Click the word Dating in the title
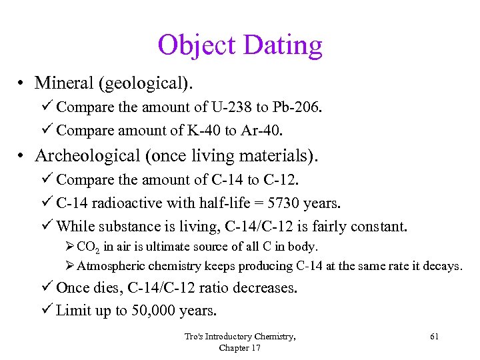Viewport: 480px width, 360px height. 283,45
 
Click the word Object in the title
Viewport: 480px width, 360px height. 197,45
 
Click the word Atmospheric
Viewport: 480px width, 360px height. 109,266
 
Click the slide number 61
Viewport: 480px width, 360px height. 434,337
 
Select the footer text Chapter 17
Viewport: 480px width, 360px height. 240,347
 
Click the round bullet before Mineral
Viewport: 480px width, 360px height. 22,83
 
